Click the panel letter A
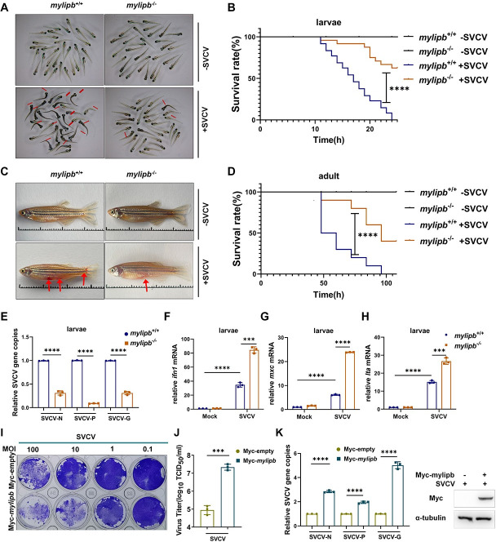coord(8,7)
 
